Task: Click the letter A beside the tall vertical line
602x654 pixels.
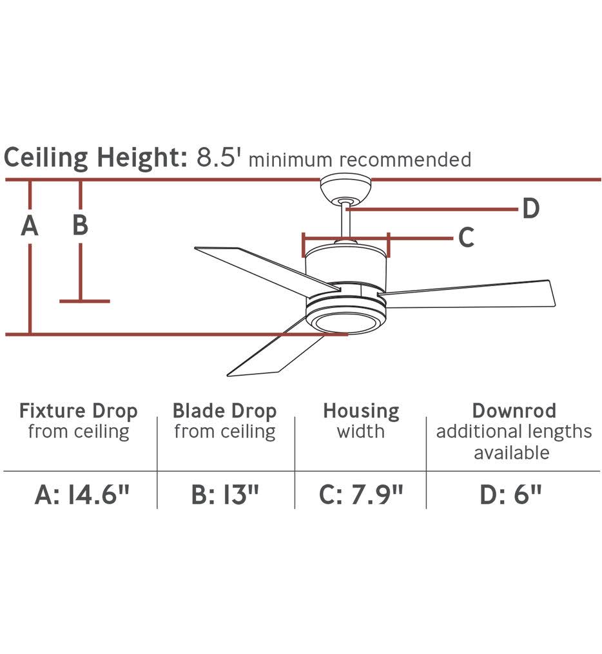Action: pos(30,226)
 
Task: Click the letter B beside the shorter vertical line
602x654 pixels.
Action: pos(80,224)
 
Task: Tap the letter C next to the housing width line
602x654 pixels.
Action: pos(466,238)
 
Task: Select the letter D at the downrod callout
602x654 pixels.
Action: pos(531,208)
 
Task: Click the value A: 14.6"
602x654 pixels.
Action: pos(83,495)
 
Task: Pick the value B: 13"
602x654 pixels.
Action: pos(226,495)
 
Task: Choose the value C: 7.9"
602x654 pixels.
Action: pos(362,495)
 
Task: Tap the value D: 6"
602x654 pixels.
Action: pos(510,495)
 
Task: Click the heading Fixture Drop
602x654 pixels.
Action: pos(79,411)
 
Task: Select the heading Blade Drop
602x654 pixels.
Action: pos(225,411)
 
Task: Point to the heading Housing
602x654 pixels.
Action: pos(362,412)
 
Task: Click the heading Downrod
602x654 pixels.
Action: pos(514,411)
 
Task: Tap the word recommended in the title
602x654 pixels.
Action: pos(405,160)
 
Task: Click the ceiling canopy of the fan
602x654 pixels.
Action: pos(345,190)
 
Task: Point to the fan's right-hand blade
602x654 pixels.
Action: pos(467,294)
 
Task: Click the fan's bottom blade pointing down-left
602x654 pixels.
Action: pos(275,351)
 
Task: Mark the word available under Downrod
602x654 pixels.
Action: pos(512,452)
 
